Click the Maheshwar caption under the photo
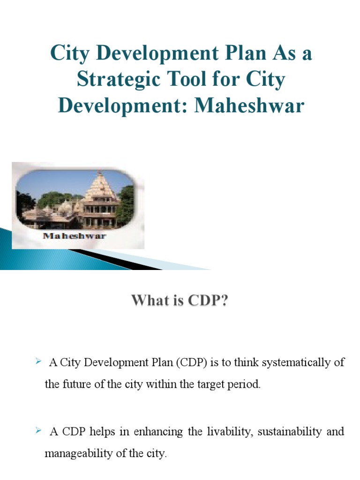pyautogui.click(x=75, y=235)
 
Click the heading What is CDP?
pyautogui.click(x=180, y=300)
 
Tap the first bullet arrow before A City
pyautogui.click(x=39, y=361)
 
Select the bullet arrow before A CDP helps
pyautogui.click(x=39, y=430)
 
